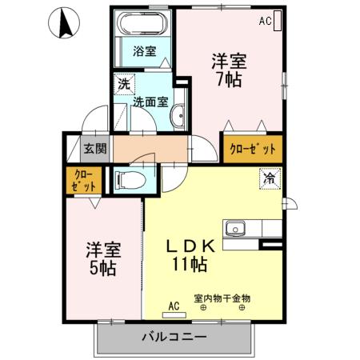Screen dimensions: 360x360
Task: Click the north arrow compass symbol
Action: [x=64, y=25]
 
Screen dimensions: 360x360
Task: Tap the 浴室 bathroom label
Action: [x=144, y=51]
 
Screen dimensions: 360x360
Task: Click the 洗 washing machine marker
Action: [x=125, y=83]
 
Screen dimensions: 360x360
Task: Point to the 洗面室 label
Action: [x=150, y=102]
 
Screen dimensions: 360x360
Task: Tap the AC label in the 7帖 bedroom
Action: [x=264, y=22]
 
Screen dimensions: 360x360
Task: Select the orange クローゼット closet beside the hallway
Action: [x=252, y=149]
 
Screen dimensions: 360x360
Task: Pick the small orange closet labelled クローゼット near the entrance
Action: [x=83, y=179]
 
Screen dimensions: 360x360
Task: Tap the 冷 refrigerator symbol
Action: [x=270, y=179]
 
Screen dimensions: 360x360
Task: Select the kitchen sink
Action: [x=236, y=229]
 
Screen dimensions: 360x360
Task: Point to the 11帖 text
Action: [x=190, y=264]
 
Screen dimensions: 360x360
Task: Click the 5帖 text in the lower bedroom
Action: [x=101, y=268]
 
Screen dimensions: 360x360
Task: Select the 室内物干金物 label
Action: [x=222, y=298]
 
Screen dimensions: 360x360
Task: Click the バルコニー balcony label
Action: [x=174, y=337]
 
